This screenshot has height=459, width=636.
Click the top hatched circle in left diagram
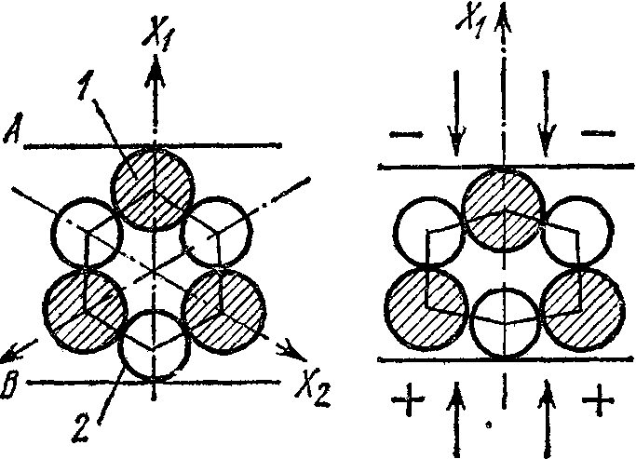[154, 187]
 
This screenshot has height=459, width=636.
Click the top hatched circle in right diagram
[504, 210]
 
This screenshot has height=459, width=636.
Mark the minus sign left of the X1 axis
[406, 134]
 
